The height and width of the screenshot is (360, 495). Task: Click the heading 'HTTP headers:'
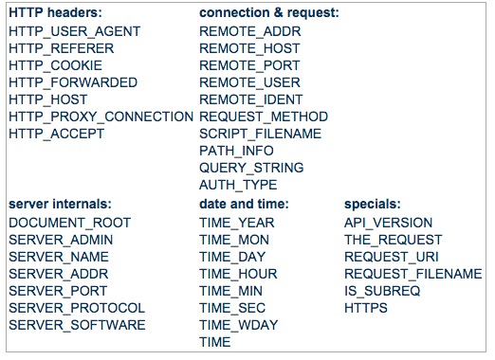click(x=55, y=13)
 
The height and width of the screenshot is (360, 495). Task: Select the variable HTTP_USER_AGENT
click(x=75, y=31)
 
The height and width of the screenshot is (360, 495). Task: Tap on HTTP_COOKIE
click(x=56, y=65)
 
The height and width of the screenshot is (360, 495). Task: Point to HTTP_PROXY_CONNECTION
click(x=101, y=117)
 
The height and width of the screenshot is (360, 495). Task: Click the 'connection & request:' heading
click(x=269, y=13)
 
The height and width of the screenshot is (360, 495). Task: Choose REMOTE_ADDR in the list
click(x=250, y=31)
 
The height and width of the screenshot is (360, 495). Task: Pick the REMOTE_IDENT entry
click(x=251, y=99)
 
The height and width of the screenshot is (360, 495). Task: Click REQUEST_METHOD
click(x=264, y=117)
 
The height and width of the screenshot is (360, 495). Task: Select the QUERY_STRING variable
click(x=251, y=168)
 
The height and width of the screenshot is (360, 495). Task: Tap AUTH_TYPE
click(x=238, y=185)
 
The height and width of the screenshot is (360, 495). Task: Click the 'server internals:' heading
click(x=60, y=204)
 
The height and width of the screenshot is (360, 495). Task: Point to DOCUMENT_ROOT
click(x=70, y=223)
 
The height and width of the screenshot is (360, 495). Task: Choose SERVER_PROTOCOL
click(x=77, y=308)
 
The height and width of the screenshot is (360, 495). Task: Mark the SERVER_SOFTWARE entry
click(x=77, y=325)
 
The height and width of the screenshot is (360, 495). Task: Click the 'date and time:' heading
click(x=244, y=204)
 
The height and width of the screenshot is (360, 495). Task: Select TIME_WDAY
click(x=239, y=325)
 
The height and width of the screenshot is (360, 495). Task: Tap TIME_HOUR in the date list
click(x=238, y=274)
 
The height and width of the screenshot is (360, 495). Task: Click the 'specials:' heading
click(x=373, y=204)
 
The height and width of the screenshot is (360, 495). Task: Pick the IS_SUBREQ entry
click(x=382, y=291)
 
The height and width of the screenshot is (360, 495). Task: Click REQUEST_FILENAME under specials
click(x=413, y=274)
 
